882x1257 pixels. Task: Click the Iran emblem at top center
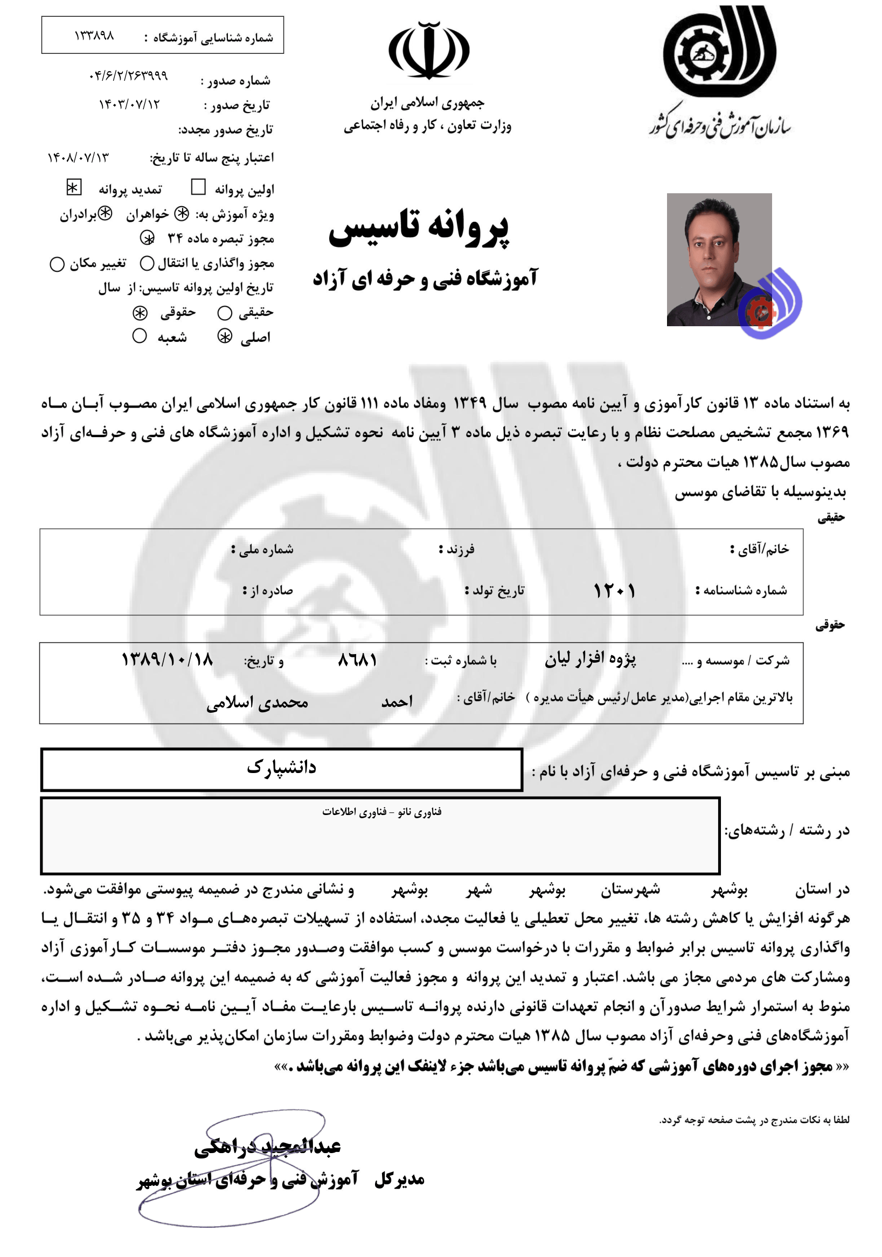coord(428,51)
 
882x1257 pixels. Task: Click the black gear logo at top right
coord(719,51)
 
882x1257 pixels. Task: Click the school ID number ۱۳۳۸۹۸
coord(94,36)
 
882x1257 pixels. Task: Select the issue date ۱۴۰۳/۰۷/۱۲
coord(129,104)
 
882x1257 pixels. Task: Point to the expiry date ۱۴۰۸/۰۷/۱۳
coord(78,158)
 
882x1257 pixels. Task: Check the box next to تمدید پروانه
coord(73,188)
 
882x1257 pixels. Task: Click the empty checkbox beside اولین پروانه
coord(198,188)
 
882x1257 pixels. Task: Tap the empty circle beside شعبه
coord(140,335)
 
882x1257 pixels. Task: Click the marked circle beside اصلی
coord(225,336)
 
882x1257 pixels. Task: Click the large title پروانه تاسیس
coord(419,227)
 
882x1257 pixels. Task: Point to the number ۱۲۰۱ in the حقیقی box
coord(614,591)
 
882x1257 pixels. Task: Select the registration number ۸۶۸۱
coord(357,659)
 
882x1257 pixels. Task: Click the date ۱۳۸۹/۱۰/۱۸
coord(167,659)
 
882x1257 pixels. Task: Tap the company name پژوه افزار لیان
coord(590,658)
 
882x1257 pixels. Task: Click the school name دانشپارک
coord(281,767)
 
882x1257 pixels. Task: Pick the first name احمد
coord(397,701)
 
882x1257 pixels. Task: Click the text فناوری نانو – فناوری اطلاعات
coord(381,812)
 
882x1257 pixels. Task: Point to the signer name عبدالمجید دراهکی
coord(267,1147)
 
